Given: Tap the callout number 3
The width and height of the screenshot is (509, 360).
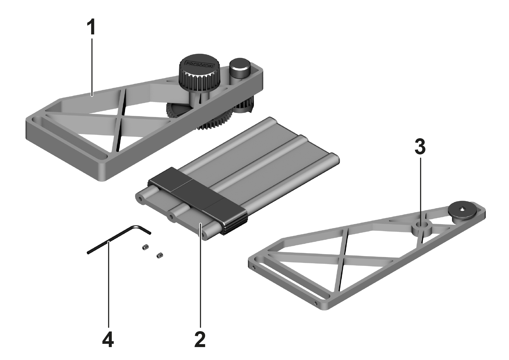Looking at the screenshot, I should point(420,147).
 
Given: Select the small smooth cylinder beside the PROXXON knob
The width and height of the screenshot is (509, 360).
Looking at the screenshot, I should point(240,68).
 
